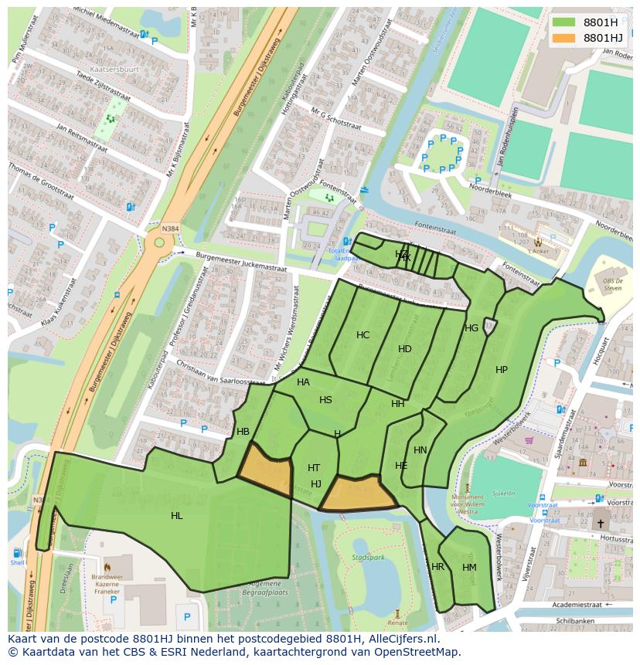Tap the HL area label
[177, 516]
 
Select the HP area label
[502, 370]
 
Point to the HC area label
[363, 335]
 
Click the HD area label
[405, 349]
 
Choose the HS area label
[325, 400]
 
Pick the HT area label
[314, 468]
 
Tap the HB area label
[243, 432]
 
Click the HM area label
[469, 568]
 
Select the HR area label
[438, 567]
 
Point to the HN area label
[420, 450]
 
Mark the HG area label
[471, 328]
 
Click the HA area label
[303, 382]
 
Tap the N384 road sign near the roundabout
[169, 229]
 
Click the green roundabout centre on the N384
[159, 243]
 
